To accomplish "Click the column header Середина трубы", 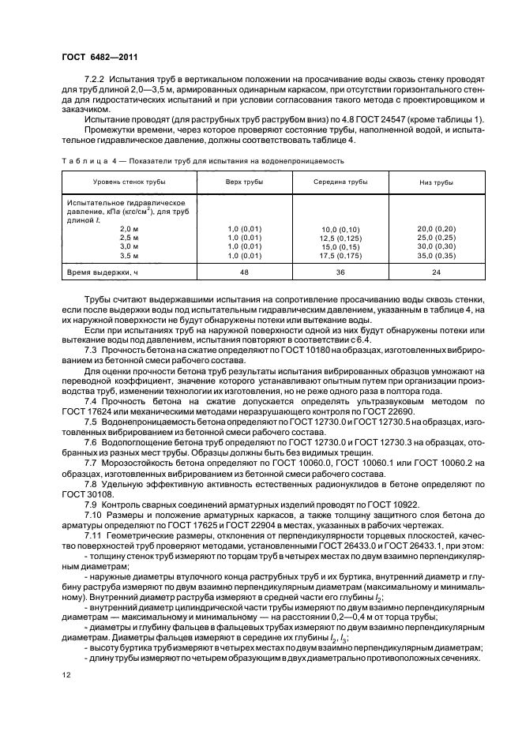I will coord(340,182).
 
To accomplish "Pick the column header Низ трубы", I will coord(435,182).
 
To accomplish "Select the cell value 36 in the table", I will coord(340,272).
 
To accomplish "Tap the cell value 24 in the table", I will coord(435,272).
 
